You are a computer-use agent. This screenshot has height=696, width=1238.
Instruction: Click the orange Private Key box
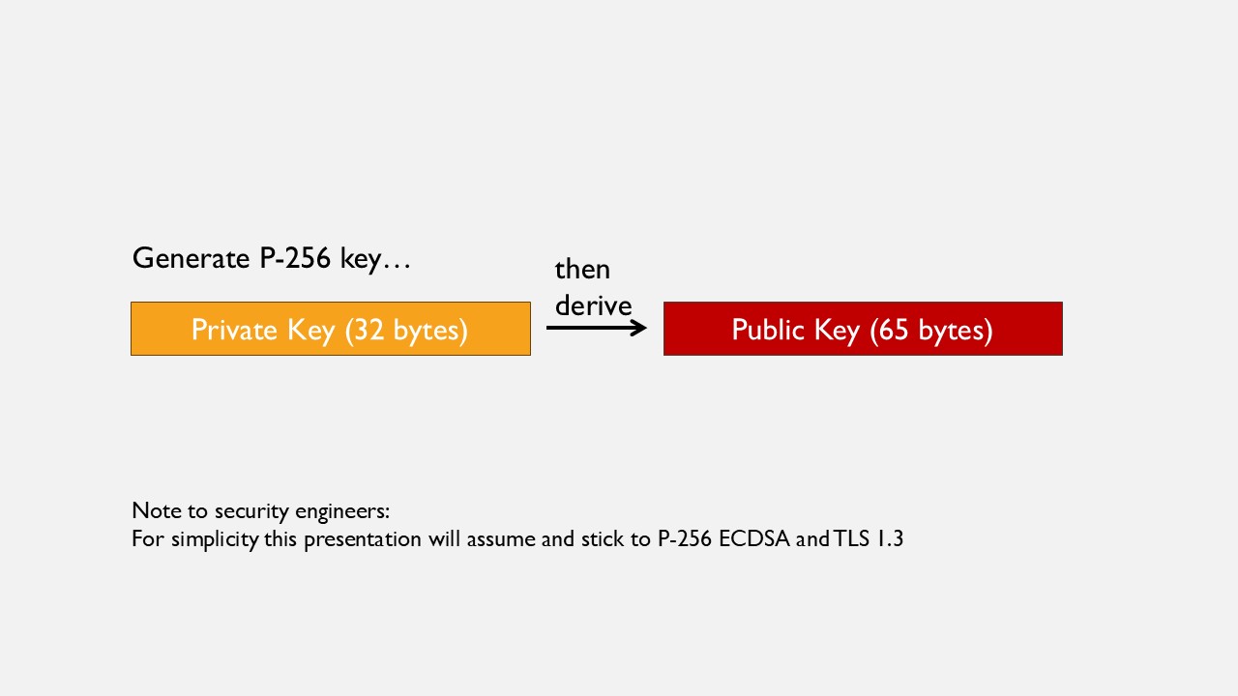[331, 329]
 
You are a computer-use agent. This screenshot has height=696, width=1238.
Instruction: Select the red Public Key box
[863, 329]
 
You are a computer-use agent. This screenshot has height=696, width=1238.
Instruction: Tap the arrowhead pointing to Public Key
[639, 328]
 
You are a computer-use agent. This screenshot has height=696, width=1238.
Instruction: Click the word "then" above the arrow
[582, 270]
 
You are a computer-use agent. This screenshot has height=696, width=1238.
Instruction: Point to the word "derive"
[593, 305]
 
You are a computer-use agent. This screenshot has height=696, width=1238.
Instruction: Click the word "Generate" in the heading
[191, 258]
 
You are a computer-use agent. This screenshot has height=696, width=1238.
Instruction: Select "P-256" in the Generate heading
[295, 258]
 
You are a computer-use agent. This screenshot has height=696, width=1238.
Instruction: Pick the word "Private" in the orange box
[234, 330]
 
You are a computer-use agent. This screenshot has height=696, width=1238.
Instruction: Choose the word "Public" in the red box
[768, 330]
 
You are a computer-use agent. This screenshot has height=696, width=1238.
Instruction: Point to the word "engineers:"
[342, 511]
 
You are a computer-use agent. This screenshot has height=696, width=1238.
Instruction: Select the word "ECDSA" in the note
[754, 538]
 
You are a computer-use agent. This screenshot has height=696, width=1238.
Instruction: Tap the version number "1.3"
[889, 538]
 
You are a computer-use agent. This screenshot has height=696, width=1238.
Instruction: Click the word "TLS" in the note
[851, 538]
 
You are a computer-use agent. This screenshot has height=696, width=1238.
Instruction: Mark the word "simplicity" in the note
[215, 539]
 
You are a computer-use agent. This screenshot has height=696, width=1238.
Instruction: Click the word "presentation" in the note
[363, 539]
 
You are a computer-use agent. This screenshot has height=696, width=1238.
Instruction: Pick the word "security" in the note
[251, 511]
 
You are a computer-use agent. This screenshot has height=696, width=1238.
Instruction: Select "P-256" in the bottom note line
[685, 538]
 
